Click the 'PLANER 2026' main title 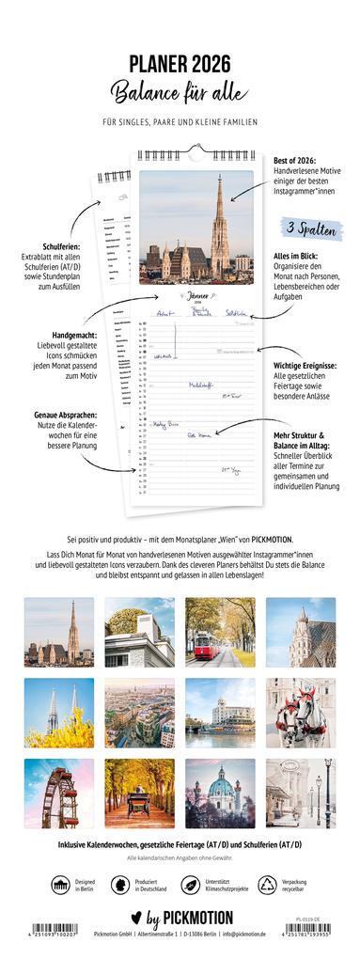click(x=180, y=63)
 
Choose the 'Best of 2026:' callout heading click(x=298, y=161)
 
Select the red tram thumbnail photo click(x=220, y=631)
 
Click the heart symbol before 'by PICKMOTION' click(x=130, y=918)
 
